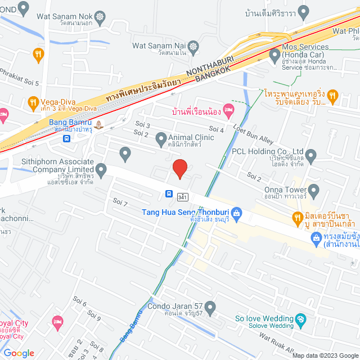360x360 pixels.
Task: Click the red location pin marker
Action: tap(179, 168)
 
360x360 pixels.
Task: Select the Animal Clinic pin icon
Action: tap(161, 138)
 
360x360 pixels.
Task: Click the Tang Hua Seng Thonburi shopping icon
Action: tap(236, 213)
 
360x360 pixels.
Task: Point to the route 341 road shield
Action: tap(182, 197)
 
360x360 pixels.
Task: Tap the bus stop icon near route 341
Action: tap(169, 194)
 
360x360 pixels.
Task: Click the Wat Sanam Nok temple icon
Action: tap(101, 17)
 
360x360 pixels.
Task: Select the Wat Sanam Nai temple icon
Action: tap(194, 46)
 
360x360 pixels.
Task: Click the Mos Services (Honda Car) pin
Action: tap(274, 55)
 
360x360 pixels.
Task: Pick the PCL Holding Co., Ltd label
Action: tap(268, 152)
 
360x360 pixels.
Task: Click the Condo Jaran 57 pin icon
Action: tap(210, 307)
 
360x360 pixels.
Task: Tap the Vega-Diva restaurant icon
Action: tap(32, 102)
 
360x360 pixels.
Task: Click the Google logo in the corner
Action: tap(19, 353)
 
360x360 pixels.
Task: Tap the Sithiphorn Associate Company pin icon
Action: tap(101, 169)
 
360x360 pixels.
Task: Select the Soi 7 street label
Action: tap(120, 202)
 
